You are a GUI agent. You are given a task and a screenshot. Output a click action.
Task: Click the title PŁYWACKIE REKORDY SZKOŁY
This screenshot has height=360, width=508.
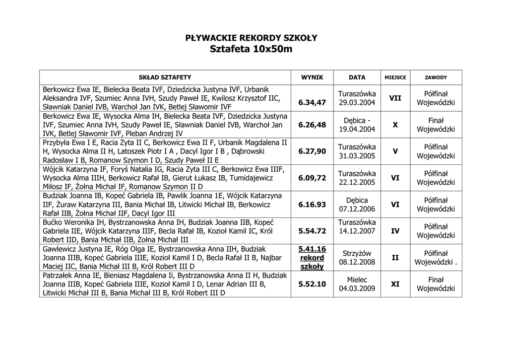pos(251,38)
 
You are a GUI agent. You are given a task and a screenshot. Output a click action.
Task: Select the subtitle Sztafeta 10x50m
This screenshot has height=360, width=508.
pos(251,49)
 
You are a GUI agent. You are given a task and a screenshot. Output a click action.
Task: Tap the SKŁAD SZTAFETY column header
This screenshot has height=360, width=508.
pos(165,77)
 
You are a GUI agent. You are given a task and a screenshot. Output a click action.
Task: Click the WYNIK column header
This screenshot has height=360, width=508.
pos(312,77)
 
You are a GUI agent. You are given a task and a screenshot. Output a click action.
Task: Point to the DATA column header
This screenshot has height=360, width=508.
pos(357,77)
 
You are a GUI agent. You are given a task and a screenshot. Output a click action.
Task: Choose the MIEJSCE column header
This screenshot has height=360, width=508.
pos(395,77)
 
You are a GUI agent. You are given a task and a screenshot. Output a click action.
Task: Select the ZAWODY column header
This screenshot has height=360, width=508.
pos(436,77)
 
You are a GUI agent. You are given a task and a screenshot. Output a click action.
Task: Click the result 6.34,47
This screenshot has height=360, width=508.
pos(312,102)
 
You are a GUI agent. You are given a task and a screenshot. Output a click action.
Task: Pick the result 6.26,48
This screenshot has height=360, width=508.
pos(312,125)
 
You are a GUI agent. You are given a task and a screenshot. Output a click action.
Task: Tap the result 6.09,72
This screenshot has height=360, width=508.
pos(312,178)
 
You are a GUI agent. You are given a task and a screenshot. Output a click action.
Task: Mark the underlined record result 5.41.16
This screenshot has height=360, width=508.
pos(312,249)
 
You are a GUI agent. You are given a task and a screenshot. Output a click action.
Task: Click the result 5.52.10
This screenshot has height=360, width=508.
pos(312,284)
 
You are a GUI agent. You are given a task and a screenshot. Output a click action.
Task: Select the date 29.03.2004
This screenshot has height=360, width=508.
pos(357,103)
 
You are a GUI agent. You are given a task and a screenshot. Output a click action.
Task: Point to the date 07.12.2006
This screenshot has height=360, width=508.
pos(357,209)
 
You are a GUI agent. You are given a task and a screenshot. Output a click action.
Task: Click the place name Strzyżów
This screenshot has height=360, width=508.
pos(357,253)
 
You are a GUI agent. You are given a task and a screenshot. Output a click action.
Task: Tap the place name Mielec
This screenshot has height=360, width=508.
pos(357,280)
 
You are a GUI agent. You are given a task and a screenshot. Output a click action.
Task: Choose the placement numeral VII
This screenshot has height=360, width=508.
pos(395,98)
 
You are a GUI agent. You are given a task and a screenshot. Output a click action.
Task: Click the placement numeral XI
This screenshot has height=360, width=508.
pos(395,284)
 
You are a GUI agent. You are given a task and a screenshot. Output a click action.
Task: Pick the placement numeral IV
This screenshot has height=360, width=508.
pos(395,231)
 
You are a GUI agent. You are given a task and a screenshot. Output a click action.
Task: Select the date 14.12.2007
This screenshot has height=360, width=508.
pos(357,231)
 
